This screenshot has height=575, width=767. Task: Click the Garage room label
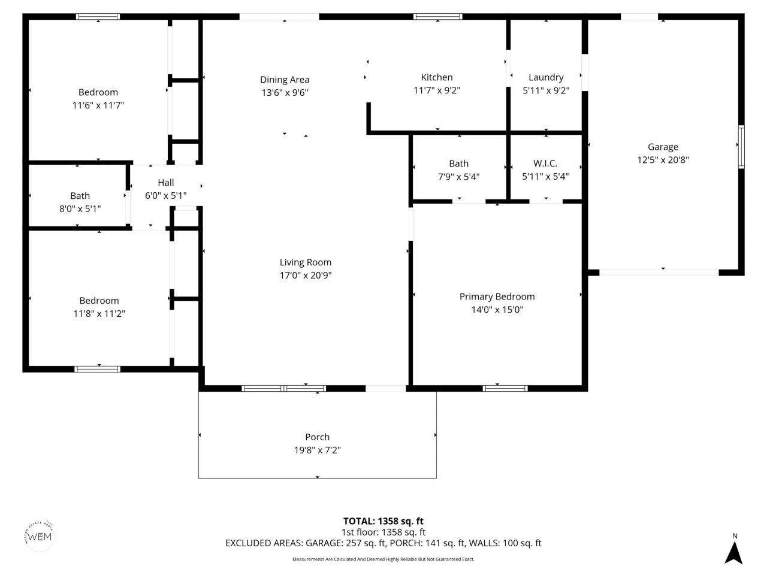(663, 147)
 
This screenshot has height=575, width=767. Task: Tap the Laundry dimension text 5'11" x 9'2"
(545, 90)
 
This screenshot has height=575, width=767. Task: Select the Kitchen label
(437, 77)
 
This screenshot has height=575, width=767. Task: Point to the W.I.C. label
(545, 164)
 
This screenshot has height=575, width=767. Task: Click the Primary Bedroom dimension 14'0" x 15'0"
(497, 310)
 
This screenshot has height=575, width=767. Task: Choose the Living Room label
(306, 262)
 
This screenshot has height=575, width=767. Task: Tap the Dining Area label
(285, 80)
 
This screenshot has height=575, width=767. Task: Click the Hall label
(166, 183)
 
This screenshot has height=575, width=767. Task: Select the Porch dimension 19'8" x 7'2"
(317, 450)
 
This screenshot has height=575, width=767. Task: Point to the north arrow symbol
(733, 552)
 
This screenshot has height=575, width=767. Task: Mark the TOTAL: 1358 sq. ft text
(383, 521)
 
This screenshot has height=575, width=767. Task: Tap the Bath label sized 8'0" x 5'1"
(80, 196)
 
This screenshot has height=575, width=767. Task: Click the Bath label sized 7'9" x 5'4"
(458, 164)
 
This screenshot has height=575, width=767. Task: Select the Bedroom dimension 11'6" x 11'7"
(98, 105)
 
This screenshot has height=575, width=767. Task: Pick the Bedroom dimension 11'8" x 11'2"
(99, 314)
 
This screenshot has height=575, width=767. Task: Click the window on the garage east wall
(741, 147)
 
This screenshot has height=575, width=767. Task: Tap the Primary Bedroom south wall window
(506, 388)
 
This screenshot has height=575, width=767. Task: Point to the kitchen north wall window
(438, 17)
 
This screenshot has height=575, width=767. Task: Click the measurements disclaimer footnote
(383, 559)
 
